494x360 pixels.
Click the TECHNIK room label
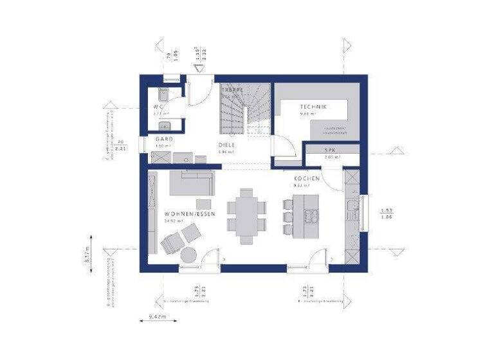click(x=313, y=106)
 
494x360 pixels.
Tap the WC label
click(x=158, y=106)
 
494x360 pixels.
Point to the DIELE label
click(x=225, y=145)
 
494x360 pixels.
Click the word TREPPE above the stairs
click(x=232, y=89)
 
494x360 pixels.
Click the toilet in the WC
click(x=164, y=92)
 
